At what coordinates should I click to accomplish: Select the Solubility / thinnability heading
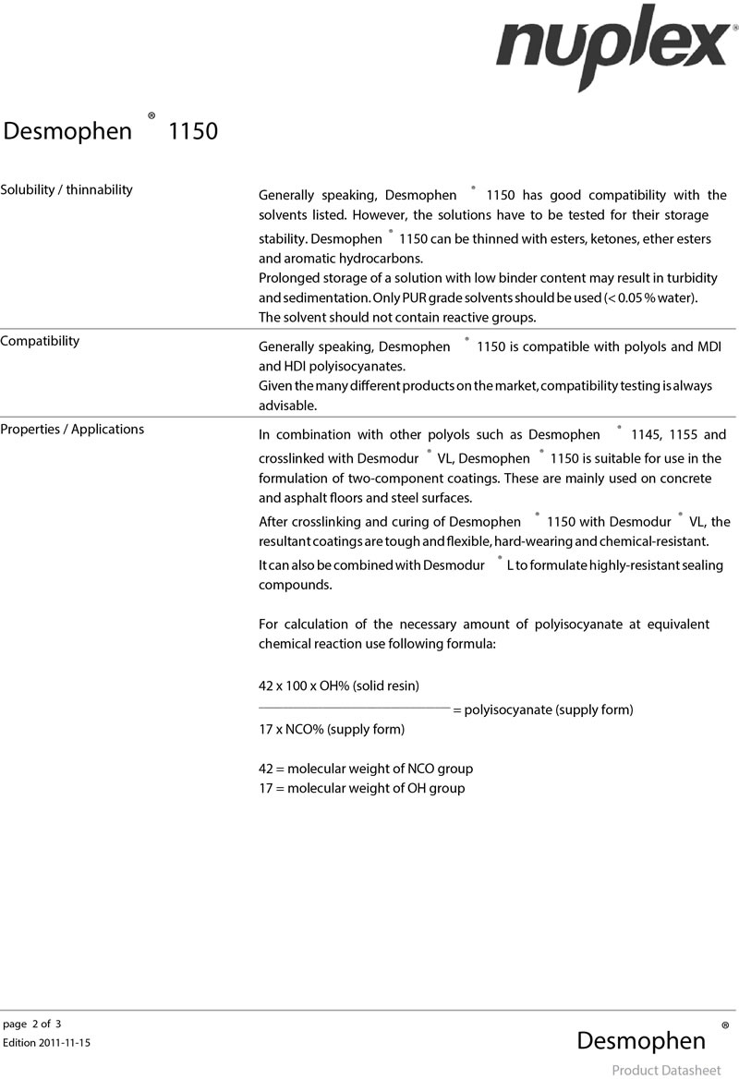[x=67, y=189]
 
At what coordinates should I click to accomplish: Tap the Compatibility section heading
[x=40, y=341]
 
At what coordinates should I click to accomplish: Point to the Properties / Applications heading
[x=72, y=429]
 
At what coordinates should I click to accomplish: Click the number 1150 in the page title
[x=192, y=131]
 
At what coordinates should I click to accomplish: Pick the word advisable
[x=287, y=406]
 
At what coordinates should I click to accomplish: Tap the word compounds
[x=295, y=585]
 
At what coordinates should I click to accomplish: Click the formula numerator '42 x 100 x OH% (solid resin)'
[x=339, y=685]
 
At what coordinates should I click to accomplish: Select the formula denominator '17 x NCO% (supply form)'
[x=332, y=729]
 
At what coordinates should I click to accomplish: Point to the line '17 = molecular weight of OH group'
[x=361, y=788]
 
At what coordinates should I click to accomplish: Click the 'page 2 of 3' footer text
[x=32, y=1024]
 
